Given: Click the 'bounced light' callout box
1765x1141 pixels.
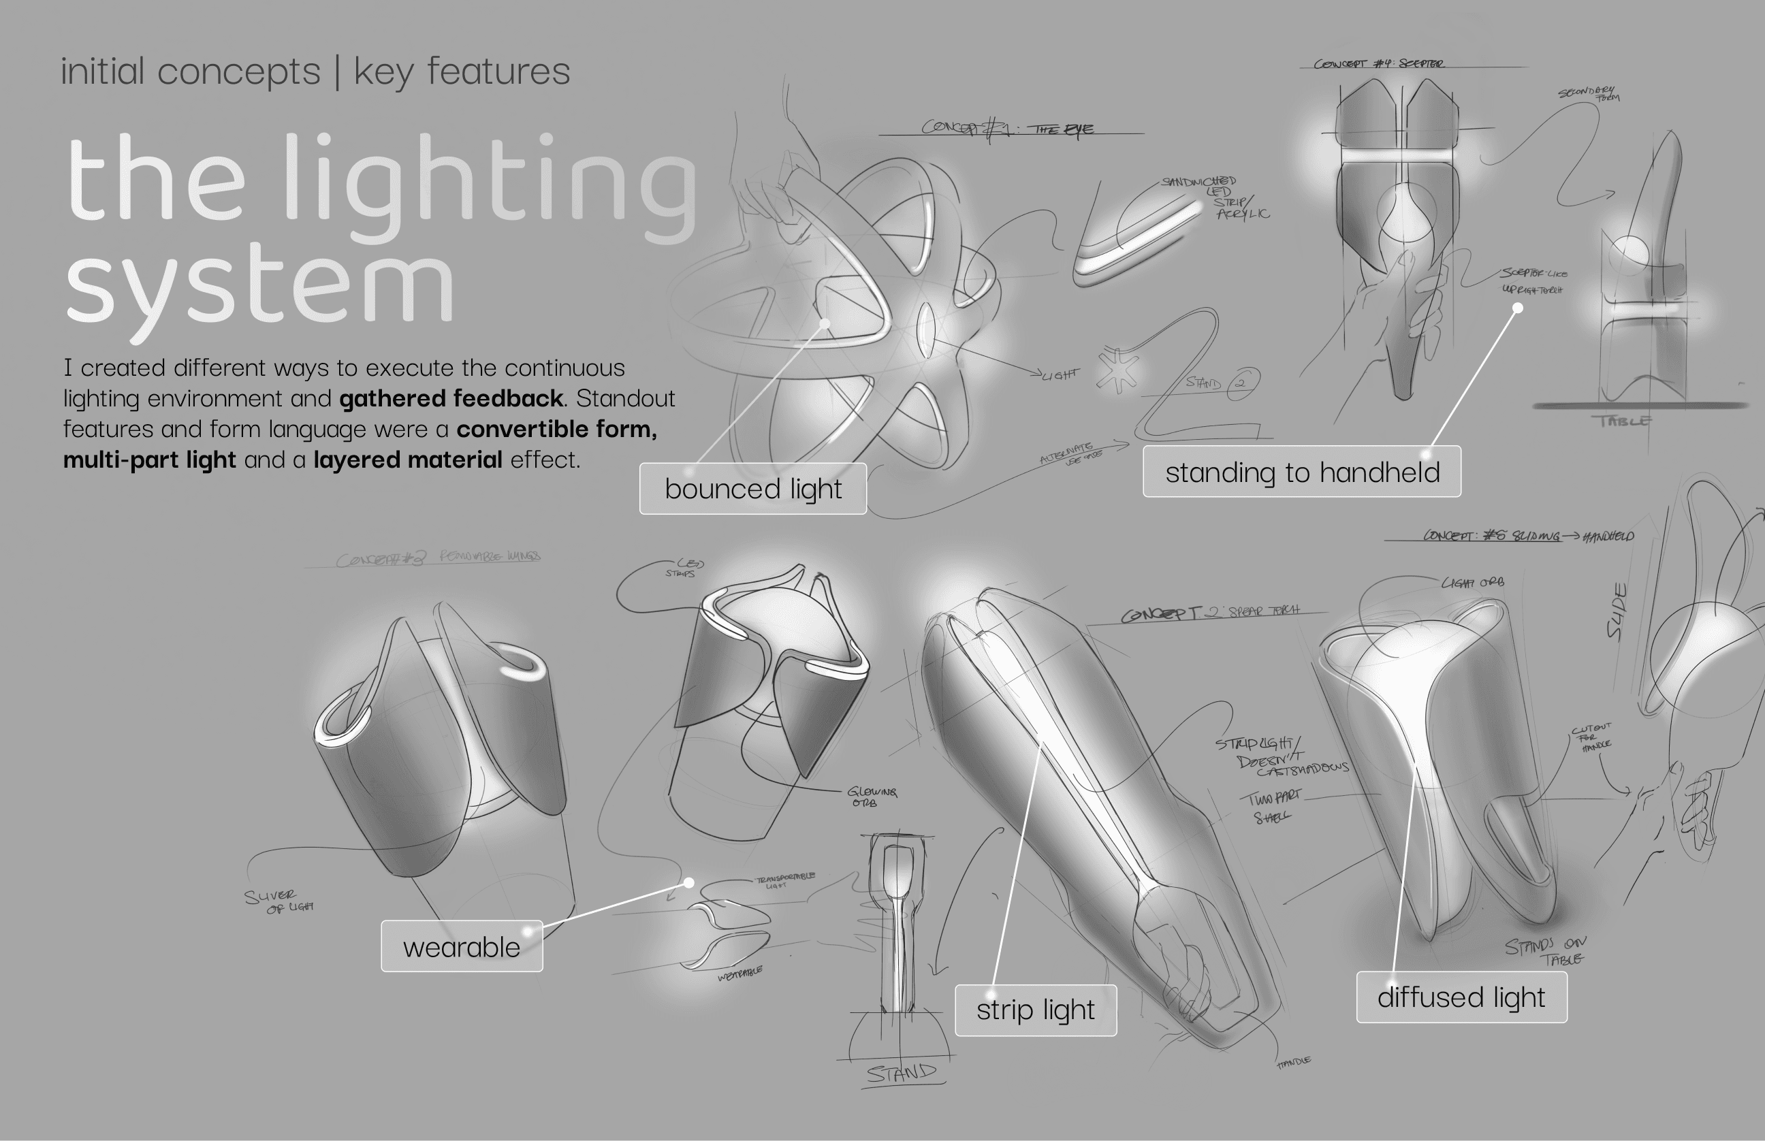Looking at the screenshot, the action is [753, 489].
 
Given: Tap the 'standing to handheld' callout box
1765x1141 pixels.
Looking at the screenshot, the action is [1302, 472].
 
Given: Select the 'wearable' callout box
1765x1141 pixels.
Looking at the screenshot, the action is [462, 947].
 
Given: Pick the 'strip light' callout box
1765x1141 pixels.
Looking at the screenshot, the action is [1035, 1010].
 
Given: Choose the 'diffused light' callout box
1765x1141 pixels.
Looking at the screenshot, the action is [1461, 997].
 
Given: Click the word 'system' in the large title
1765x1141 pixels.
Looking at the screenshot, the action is [259, 285].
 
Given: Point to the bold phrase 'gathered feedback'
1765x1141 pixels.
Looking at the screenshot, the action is [451, 399].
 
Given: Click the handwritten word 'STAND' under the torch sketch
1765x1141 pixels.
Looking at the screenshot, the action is [902, 1072].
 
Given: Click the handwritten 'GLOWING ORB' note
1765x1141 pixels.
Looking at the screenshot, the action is [872, 797].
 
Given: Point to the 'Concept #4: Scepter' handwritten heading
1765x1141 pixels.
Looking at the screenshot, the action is [1378, 64].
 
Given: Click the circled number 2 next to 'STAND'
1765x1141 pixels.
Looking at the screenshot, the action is [1242, 384].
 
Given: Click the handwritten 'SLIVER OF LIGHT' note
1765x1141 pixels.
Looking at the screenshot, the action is [279, 901].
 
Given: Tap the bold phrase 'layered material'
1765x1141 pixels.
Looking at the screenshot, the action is [407, 460].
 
